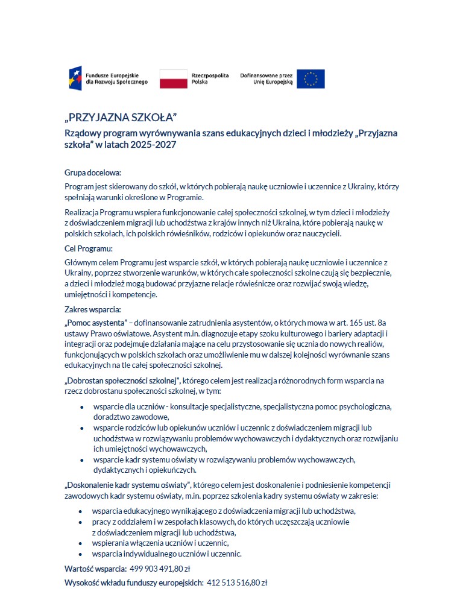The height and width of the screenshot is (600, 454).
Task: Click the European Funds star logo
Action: coord(76,78)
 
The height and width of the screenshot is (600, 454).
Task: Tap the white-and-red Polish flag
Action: coord(173,78)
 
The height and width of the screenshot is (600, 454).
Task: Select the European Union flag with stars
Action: coord(311,78)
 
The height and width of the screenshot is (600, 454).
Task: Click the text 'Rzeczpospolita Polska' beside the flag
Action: coord(210,78)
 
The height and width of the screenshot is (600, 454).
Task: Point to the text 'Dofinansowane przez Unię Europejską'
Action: coord(266,78)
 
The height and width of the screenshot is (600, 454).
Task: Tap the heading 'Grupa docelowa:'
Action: coord(93,172)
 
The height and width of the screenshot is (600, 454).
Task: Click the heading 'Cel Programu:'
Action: coord(89,248)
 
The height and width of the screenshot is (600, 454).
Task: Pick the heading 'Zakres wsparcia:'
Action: coord(93,310)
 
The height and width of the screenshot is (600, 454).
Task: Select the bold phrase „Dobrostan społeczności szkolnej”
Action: coord(122,381)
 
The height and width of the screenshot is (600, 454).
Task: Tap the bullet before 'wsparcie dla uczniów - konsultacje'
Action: coord(81,408)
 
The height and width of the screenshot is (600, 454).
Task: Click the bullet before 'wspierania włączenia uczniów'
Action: coord(81,543)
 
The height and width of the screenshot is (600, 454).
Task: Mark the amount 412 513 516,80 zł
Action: coord(237,583)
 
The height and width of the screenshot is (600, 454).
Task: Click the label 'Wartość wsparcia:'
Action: coord(95,569)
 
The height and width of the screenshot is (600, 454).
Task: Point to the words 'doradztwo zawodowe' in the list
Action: coord(131,417)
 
